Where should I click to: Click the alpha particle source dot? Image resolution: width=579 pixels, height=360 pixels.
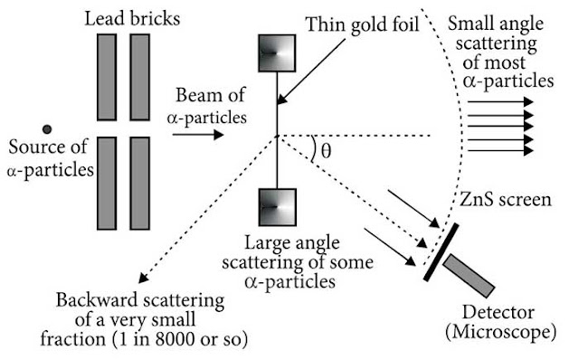click(x=47, y=129)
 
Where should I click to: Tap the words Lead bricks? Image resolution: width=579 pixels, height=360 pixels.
click(x=132, y=18)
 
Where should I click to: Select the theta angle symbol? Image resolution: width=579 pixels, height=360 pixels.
click(x=326, y=151)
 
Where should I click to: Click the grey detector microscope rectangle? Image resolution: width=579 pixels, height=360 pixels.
click(x=469, y=276)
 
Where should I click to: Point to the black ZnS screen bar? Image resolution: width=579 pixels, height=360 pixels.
click(x=441, y=252)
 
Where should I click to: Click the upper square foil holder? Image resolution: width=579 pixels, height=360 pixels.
click(x=277, y=53)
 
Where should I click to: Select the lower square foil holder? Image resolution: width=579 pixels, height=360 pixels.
click(x=278, y=207)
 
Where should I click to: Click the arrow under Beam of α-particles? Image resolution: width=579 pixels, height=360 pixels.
click(x=198, y=135)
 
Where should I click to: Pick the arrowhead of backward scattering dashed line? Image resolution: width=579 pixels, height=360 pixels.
click(x=142, y=278)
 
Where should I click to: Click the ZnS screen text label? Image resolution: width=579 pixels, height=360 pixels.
click(x=505, y=200)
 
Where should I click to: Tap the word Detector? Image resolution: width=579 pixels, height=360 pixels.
click(x=498, y=312)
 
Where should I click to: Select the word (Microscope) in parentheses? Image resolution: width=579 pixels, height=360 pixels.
click(x=500, y=332)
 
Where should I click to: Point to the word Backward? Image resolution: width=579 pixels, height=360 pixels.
click(x=97, y=299)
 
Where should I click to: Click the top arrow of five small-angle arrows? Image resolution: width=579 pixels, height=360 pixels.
click(x=500, y=101)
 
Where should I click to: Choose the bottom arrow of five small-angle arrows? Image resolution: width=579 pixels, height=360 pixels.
click(x=500, y=150)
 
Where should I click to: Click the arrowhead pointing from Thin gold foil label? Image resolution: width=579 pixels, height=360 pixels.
click(x=281, y=99)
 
